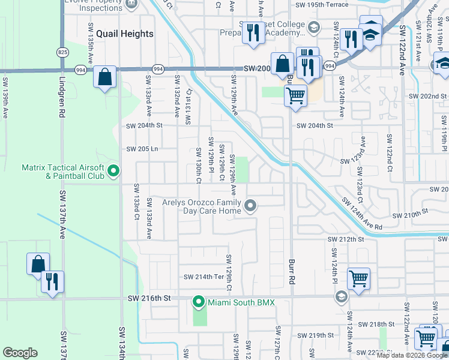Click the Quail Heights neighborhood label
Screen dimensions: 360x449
[x=127, y=34]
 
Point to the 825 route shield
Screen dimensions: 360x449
[x=62, y=53]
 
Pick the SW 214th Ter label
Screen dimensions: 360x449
[x=203, y=277]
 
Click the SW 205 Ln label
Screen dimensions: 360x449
[x=142, y=149]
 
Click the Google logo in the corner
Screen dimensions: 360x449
[x=20, y=353]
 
